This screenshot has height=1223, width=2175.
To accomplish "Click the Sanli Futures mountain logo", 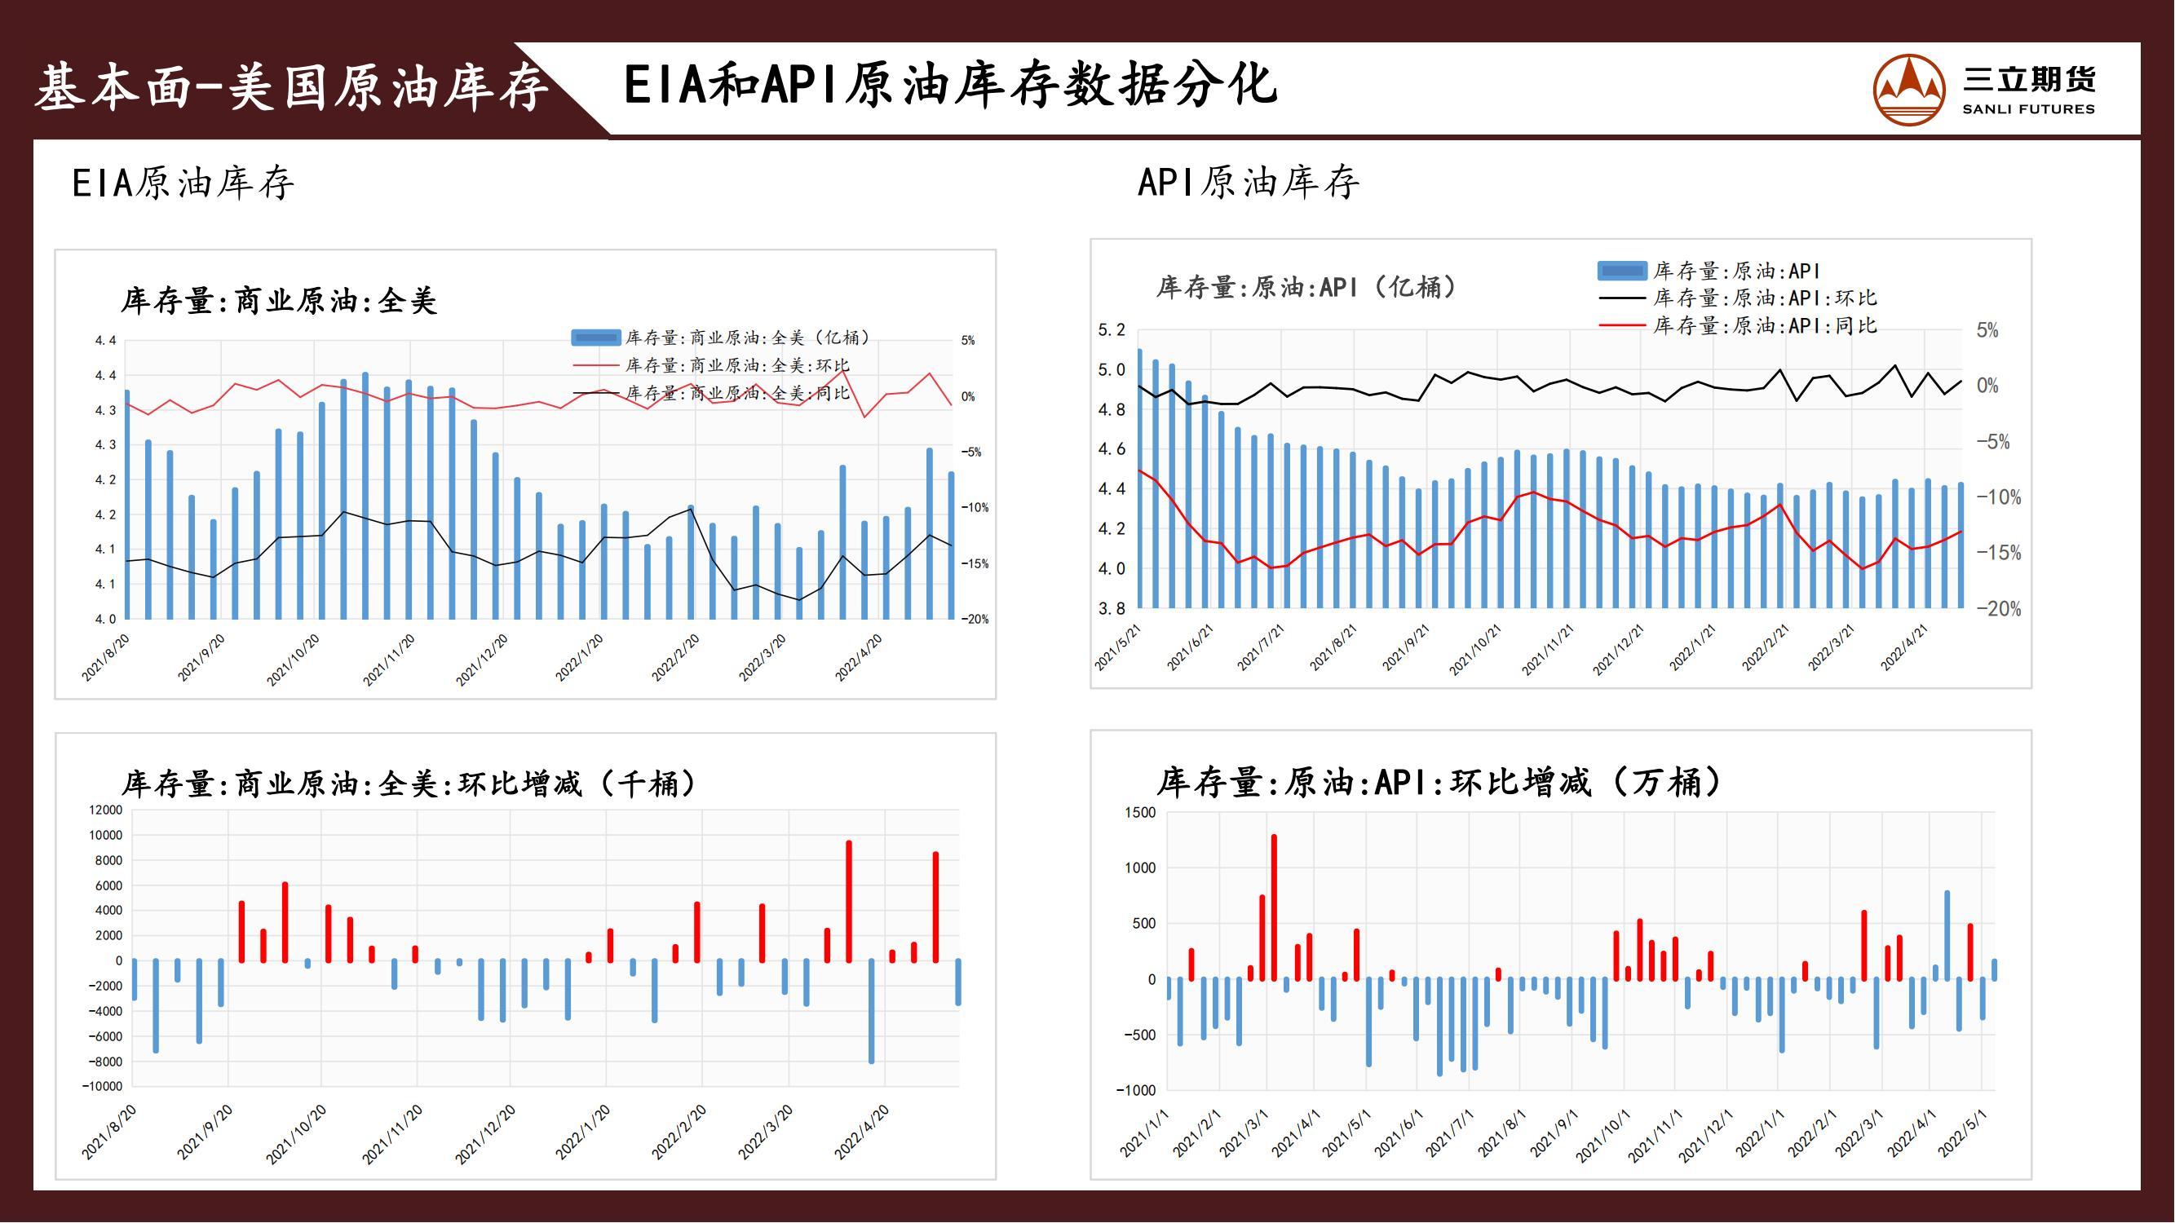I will click(x=1909, y=90).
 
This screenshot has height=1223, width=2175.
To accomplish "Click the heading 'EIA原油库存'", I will click(x=183, y=183).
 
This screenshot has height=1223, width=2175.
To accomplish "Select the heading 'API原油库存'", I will click(x=1248, y=183).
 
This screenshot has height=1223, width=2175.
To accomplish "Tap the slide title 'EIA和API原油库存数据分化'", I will click(x=950, y=86).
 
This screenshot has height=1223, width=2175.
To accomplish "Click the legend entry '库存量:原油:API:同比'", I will click(x=1765, y=326).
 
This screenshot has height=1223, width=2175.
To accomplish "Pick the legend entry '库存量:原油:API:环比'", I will click(x=1765, y=298).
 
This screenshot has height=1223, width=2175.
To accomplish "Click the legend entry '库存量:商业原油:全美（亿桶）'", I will click(x=747, y=338).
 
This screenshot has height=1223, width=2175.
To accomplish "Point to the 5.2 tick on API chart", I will click(x=1111, y=330).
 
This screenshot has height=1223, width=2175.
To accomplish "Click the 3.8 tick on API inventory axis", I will click(x=1111, y=608).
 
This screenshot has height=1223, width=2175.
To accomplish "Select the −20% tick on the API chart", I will click(x=1999, y=609).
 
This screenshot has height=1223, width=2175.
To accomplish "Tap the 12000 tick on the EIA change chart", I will click(x=105, y=810).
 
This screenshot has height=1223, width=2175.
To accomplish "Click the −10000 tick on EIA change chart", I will click(x=102, y=1087).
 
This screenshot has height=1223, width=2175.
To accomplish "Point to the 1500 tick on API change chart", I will click(x=1140, y=813).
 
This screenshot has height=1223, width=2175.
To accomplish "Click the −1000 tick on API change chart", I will click(x=1137, y=1090).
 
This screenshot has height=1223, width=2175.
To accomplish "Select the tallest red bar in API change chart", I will click(x=1274, y=907).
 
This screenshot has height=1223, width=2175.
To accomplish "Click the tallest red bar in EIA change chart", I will click(x=849, y=902).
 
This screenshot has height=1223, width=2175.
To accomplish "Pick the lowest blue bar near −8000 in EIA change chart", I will click(x=871, y=1011).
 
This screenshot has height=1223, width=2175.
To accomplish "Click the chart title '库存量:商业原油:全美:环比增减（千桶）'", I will click(x=409, y=784).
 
